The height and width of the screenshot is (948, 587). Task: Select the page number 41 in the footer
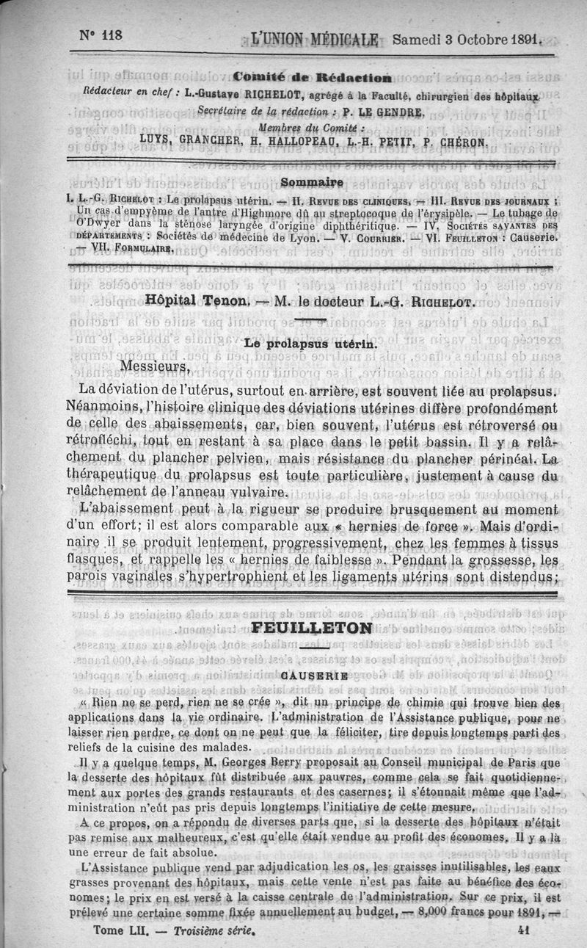pyautogui.click(x=524, y=928)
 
